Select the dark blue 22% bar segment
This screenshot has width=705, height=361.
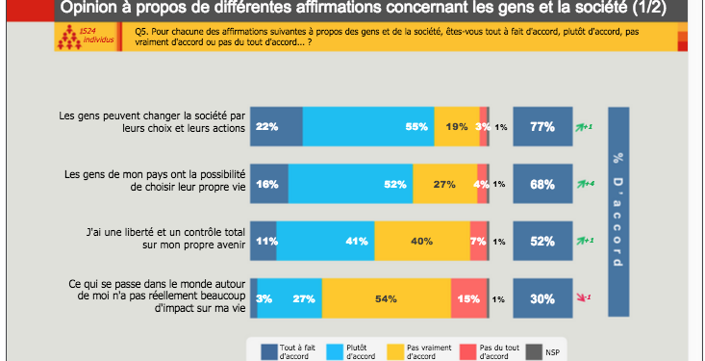coord(277,126)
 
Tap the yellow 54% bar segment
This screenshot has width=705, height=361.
coord(386,298)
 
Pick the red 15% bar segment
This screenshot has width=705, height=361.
coord(468,298)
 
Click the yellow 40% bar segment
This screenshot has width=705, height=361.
coord(421,242)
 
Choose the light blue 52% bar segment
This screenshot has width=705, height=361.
coord(350,184)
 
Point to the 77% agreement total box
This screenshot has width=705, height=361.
coord(544,126)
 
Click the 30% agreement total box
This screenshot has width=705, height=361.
coord(544,298)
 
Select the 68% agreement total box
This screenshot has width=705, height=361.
coord(544,184)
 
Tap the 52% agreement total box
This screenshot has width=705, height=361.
coord(544,242)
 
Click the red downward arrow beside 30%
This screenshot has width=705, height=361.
coord(581,297)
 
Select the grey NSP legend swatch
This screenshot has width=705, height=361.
coord(531,351)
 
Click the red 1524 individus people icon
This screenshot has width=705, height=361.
coord(66,39)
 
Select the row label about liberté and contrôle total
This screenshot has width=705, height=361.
coord(153,237)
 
